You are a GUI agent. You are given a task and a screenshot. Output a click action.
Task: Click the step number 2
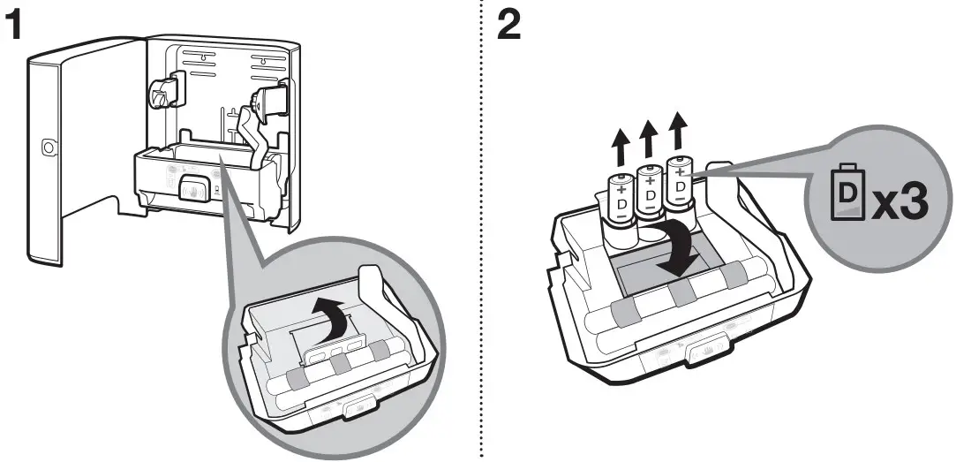click(x=508, y=26)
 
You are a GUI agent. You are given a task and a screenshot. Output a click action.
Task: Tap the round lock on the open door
click(x=49, y=146)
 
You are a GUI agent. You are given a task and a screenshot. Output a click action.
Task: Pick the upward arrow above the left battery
click(x=620, y=144)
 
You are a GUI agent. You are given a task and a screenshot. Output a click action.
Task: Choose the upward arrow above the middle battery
click(x=649, y=137)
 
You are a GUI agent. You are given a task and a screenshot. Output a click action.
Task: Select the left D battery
click(x=621, y=199)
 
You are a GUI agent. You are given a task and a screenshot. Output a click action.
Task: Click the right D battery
click(x=681, y=183)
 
